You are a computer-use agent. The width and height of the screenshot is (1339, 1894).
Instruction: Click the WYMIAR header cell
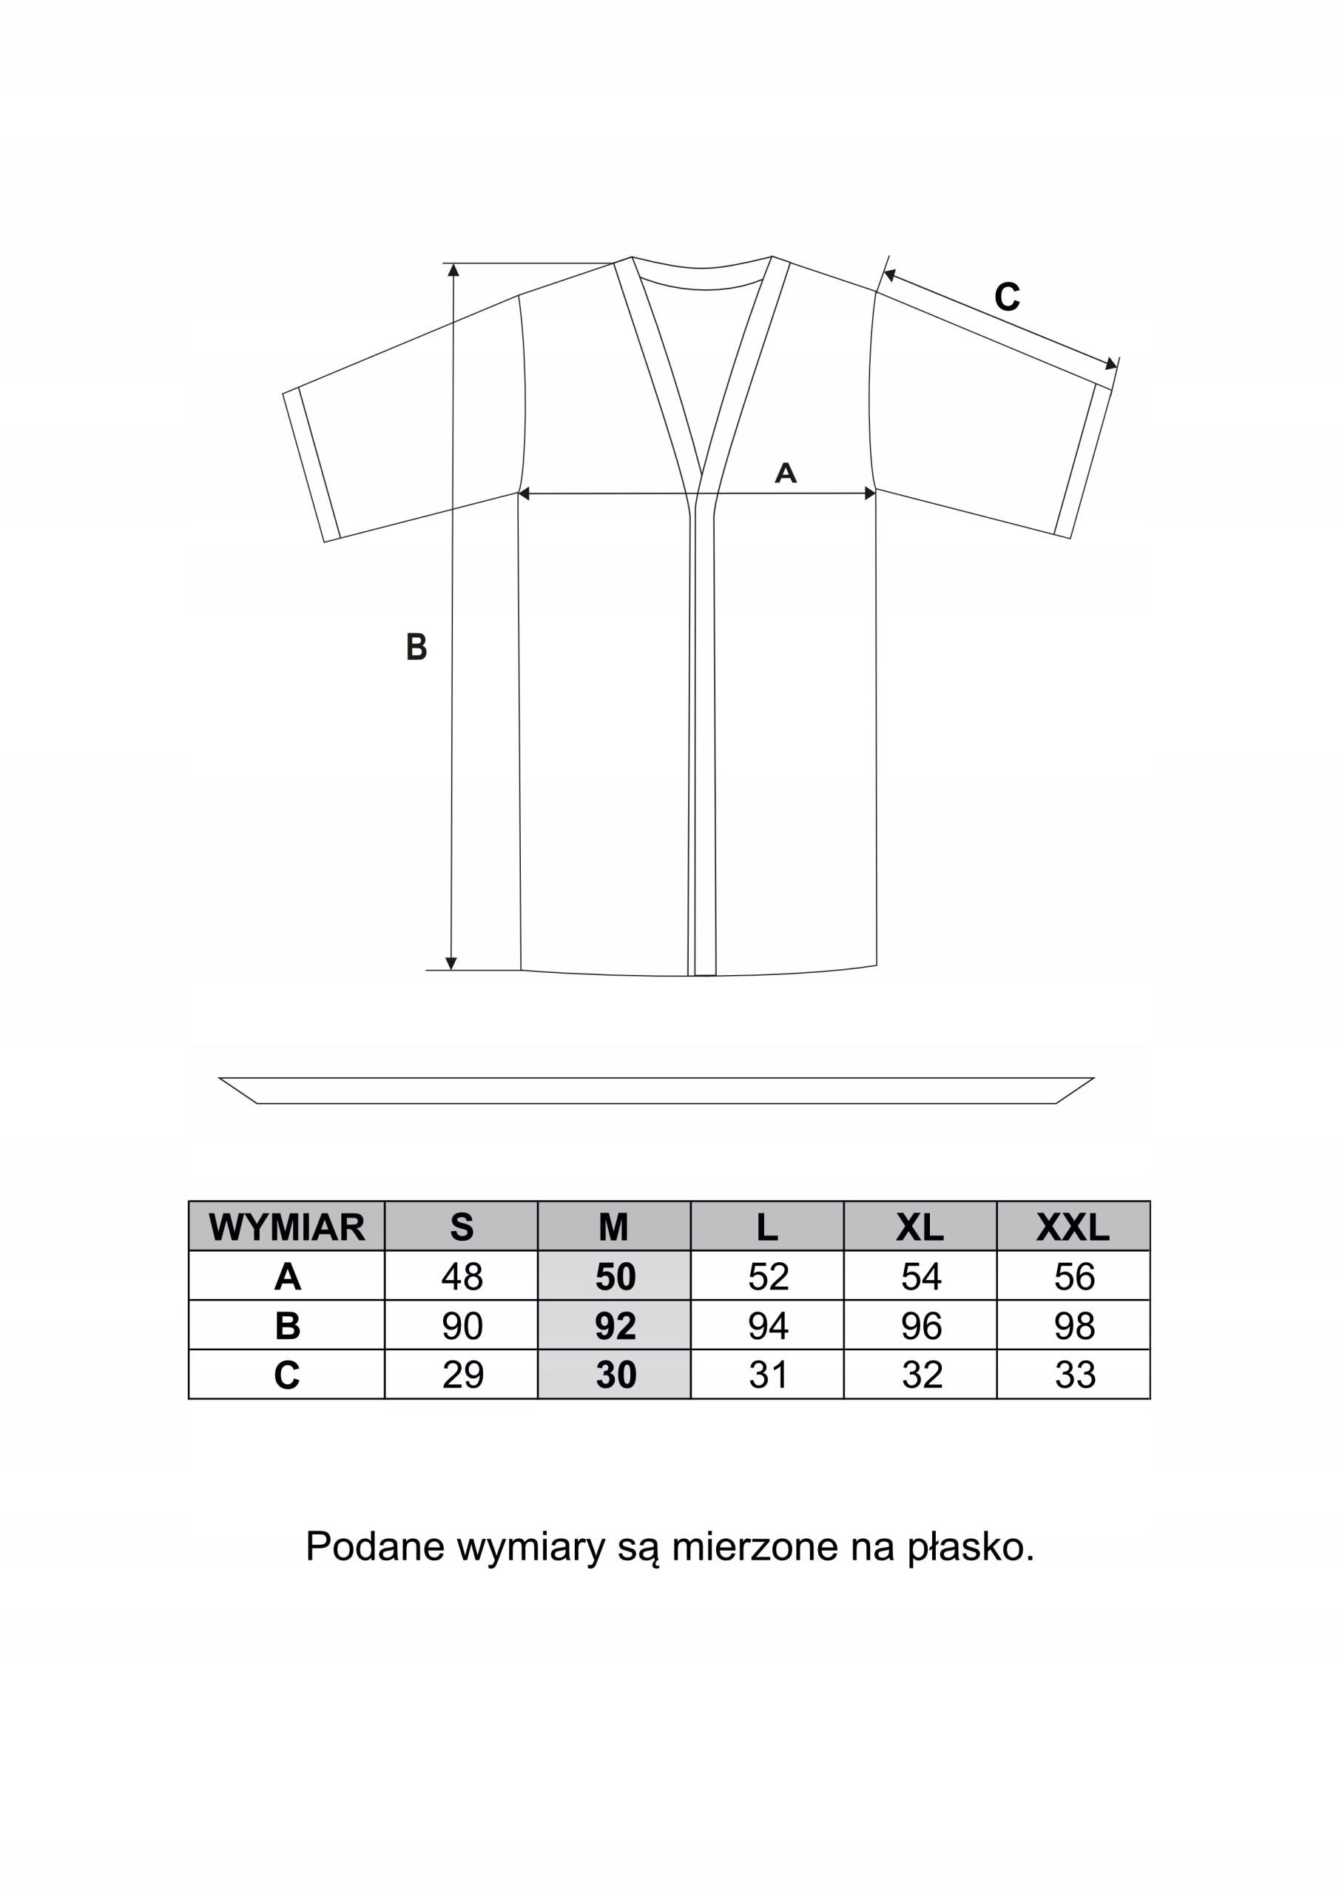[286, 1227]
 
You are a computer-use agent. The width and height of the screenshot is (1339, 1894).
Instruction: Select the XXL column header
[1073, 1227]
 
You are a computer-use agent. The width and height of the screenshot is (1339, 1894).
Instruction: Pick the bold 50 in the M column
[615, 1276]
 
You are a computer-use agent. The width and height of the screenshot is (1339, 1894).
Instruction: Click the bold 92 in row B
[615, 1326]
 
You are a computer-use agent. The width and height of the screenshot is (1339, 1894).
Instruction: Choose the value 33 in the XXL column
[1074, 1375]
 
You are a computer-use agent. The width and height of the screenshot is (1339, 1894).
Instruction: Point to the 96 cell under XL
[921, 1326]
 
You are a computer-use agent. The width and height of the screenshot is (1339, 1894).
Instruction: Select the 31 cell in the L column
[767, 1375]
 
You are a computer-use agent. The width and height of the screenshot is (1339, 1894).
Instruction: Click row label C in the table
[286, 1375]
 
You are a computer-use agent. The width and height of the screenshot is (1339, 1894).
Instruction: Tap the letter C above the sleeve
[1007, 296]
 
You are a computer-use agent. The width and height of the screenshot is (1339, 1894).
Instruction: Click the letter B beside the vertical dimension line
[416, 647]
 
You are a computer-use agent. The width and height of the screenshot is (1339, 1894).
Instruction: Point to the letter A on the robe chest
[786, 473]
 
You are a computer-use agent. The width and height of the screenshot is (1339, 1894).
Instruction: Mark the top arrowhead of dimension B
[453, 270]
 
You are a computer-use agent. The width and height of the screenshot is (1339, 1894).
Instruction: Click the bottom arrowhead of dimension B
[451, 963]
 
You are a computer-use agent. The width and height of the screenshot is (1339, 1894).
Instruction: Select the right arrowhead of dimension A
[869, 493]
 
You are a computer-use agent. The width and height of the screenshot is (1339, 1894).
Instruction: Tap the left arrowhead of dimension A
[524, 493]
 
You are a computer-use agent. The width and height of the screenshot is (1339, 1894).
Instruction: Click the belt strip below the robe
[656, 1090]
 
